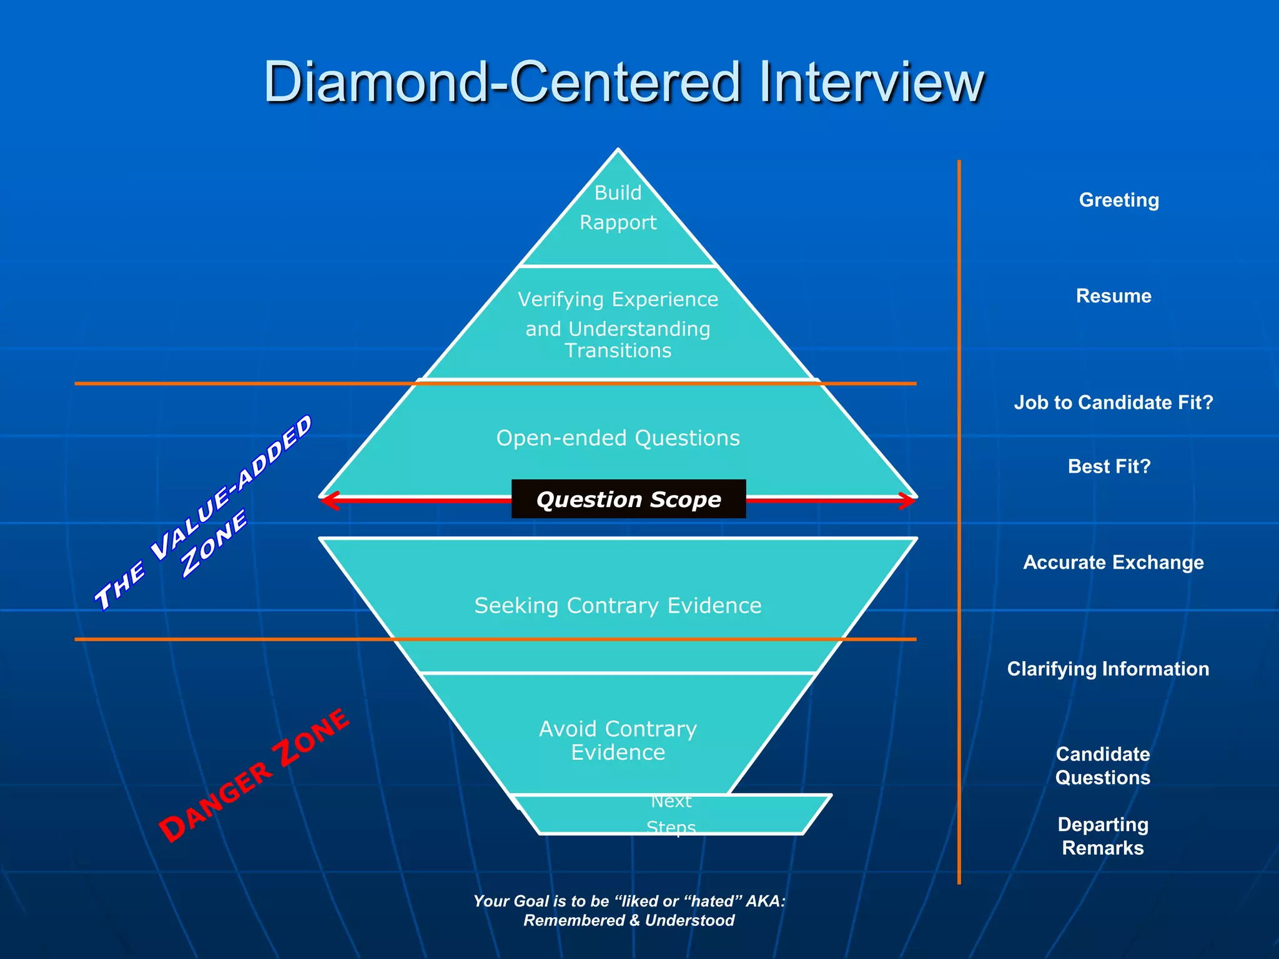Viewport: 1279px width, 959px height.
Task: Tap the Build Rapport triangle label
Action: [x=618, y=207]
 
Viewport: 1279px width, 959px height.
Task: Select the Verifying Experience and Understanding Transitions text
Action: [x=618, y=325]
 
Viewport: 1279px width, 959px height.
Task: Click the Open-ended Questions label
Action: [x=618, y=438]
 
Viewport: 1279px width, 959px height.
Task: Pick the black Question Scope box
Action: [x=628, y=499]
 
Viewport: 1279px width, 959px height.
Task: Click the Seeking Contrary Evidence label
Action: [x=618, y=606]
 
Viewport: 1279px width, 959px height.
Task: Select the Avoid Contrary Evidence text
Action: [x=618, y=740]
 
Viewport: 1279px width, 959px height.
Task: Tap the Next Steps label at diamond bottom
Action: [x=671, y=814]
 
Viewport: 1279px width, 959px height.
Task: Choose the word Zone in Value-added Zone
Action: [x=214, y=543]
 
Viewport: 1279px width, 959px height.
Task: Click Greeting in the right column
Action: [x=1119, y=200]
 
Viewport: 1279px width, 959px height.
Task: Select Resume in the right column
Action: [x=1113, y=296]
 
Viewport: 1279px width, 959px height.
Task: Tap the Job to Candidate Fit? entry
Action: [x=1113, y=403]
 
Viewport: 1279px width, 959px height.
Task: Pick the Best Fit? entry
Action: [x=1109, y=466]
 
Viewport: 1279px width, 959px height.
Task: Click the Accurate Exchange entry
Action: [x=1113, y=563]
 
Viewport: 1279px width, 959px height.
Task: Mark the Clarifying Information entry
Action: [x=1108, y=669]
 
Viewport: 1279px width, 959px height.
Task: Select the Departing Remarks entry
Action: [x=1103, y=836]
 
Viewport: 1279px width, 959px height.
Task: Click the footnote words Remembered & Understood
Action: [x=628, y=920]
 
